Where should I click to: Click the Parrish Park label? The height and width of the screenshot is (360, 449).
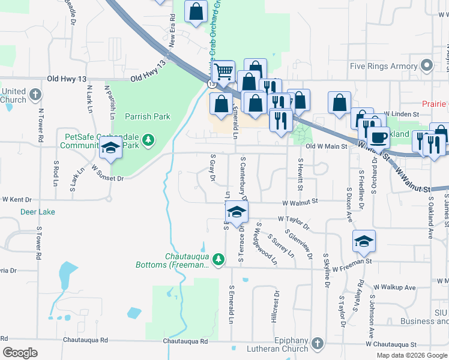[x=148, y=117]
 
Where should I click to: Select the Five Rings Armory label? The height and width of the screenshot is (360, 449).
[x=384, y=66]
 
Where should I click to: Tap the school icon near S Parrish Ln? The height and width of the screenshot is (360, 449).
[x=110, y=148]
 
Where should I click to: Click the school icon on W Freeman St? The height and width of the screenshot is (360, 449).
[x=364, y=241]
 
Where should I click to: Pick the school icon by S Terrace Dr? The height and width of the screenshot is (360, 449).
[x=237, y=212]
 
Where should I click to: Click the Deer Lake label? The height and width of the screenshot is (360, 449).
[x=38, y=212]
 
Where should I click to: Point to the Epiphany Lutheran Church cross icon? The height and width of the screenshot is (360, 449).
[x=317, y=343]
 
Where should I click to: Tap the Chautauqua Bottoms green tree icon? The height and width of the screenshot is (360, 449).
[x=219, y=259]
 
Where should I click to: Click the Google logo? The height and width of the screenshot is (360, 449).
[x=20, y=353]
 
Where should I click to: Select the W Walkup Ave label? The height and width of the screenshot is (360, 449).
[x=394, y=287]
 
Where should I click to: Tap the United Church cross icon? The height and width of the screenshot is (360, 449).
[x=35, y=95]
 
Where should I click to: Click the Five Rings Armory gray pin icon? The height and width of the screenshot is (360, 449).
[x=427, y=65]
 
